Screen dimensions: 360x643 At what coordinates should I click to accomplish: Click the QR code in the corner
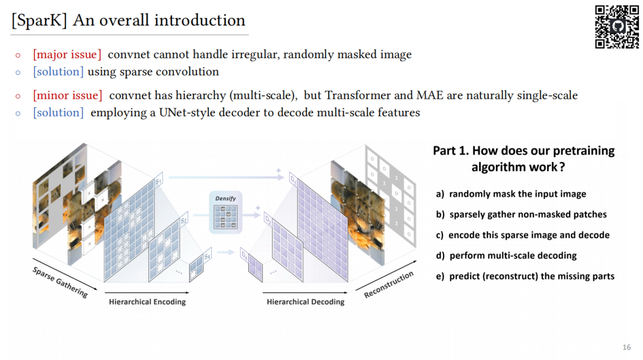[617, 27]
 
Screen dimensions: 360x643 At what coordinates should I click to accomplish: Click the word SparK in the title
[40, 21]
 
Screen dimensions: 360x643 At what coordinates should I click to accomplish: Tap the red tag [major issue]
[67, 55]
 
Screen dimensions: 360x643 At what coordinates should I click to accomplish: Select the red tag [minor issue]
[67, 95]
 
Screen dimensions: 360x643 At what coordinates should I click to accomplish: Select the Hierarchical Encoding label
[147, 302]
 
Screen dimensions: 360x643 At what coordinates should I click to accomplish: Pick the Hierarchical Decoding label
[305, 302]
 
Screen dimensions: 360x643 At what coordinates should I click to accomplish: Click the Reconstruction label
[388, 285]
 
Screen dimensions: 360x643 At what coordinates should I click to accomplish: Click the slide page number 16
[626, 347]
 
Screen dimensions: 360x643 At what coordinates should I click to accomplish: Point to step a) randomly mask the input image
[511, 194]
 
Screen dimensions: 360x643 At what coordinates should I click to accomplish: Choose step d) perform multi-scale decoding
[506, 256]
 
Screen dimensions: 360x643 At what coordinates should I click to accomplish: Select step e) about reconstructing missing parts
[525, 276]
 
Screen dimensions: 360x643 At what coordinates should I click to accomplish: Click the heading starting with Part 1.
[523, 158]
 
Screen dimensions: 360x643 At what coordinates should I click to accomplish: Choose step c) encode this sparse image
[522, 235]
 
